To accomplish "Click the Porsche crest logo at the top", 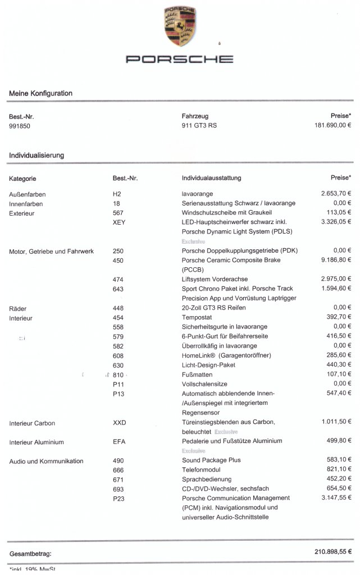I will coord(180,26).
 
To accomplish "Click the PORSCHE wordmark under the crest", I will coord(180,59).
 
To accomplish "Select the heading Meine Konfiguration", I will coord(40,93).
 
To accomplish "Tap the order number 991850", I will coord(20,126).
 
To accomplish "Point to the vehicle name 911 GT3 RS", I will coord(199,126).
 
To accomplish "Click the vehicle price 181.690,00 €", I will coord(332,126).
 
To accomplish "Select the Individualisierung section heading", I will coord(37,155).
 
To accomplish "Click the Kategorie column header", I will coord(22,179).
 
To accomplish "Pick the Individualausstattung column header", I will coord(211,178).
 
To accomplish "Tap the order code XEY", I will coord(120,222).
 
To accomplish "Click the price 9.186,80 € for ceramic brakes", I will coord(336,261).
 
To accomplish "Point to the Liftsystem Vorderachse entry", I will coord(215,279).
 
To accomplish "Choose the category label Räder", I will coord(18,308).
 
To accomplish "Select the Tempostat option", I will coord(196,318).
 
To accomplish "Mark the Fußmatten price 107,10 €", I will coord(339,375).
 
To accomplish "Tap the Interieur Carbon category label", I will coord(32,423).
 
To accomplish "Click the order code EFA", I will coord(119,442).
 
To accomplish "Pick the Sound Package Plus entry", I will coord(211,460).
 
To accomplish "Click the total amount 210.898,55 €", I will coord(332,553).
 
